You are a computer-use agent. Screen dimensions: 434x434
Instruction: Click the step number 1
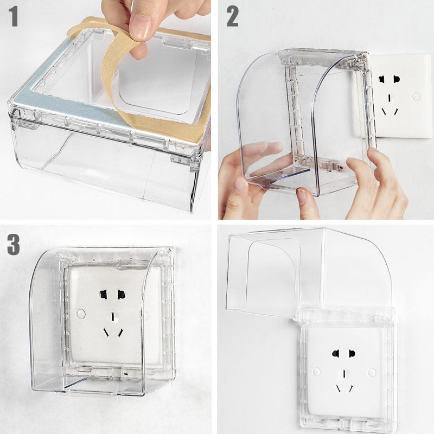click(13, 16)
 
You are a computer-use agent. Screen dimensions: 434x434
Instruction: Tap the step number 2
click(232, 16)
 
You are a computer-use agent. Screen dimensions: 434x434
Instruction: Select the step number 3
click(14, 245)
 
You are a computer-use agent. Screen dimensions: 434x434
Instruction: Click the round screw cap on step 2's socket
click(416, 97)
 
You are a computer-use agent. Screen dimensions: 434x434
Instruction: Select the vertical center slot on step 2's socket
click(390, 98)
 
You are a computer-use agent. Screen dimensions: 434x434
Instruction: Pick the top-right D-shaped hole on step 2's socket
click(397, 79)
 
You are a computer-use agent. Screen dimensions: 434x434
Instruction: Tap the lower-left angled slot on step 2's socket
click(385, 112)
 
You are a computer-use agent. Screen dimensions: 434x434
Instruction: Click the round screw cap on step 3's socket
click(81, 314)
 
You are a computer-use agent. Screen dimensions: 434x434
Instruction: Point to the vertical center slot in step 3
click(113, 317)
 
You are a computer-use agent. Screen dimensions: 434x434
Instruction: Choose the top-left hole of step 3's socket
click(103, 295)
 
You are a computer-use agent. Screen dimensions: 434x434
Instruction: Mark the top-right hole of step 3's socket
click(121, 295)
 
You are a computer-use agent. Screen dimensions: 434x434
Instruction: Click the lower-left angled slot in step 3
click(106, 333)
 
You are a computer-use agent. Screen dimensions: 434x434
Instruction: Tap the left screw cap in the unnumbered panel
click(316, 372)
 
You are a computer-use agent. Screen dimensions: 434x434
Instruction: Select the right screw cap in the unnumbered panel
click(372, 372)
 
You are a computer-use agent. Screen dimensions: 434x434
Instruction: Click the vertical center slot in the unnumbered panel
click(344, 374)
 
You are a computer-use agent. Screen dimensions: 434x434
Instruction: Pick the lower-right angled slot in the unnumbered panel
click(350, 388)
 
